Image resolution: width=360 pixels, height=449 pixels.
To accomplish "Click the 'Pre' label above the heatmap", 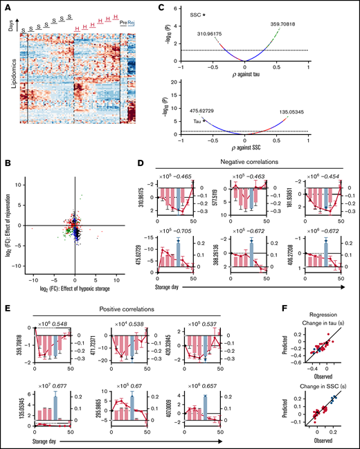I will [124, 22].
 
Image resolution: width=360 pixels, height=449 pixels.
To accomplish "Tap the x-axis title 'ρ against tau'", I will [245, 74].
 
